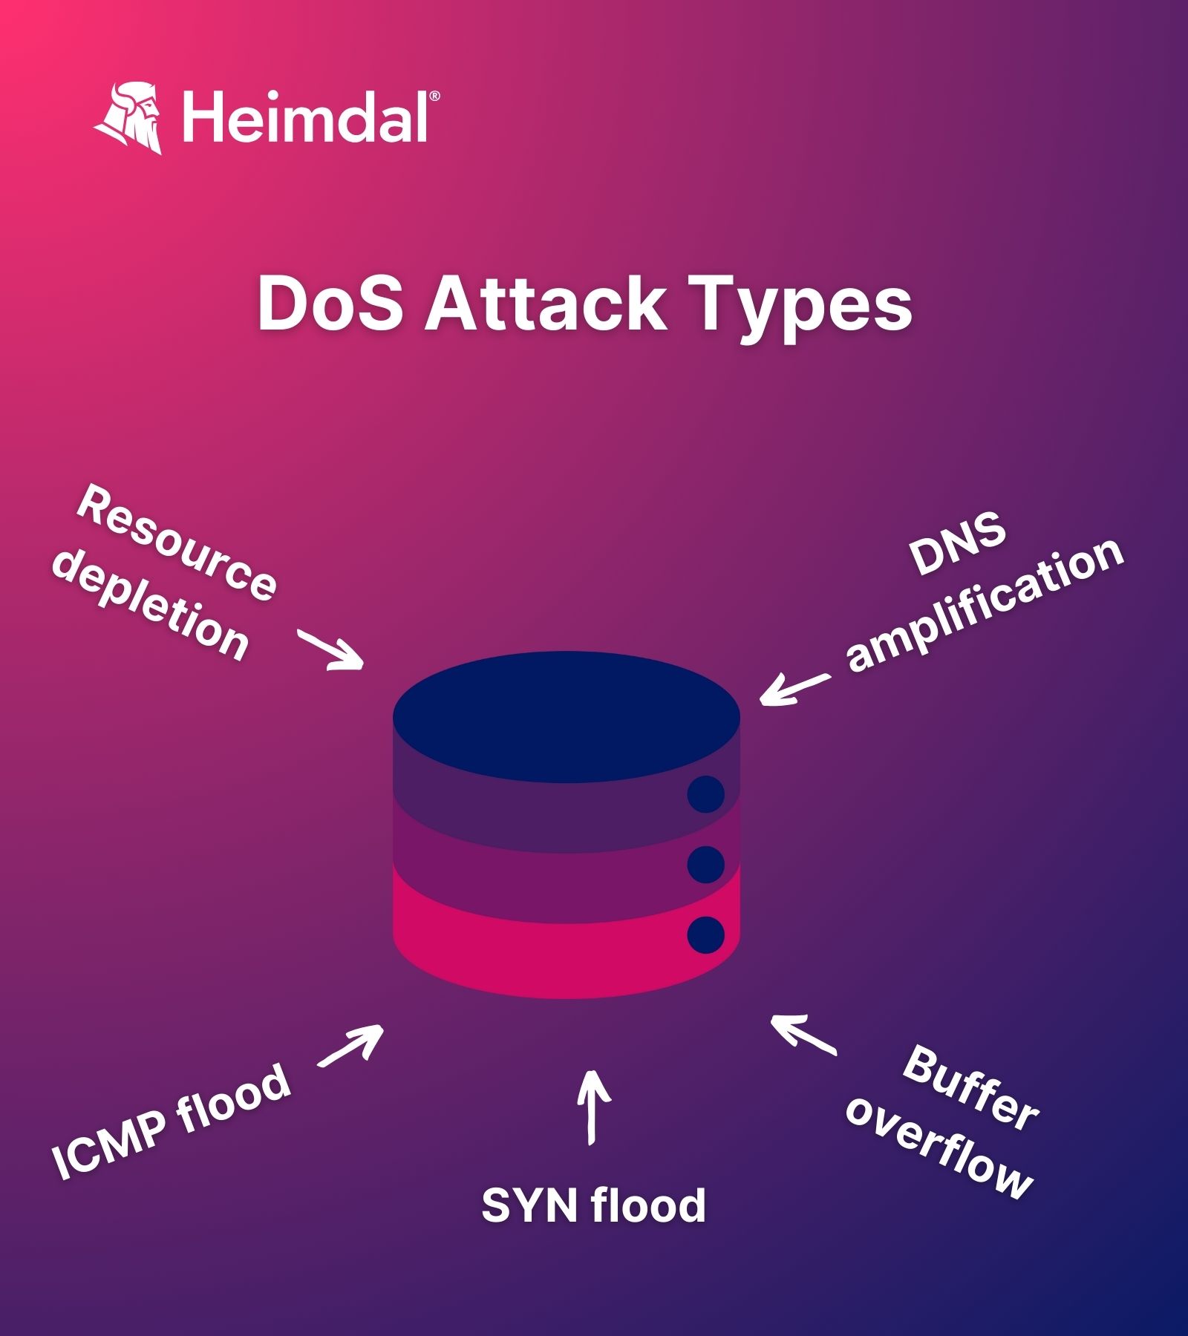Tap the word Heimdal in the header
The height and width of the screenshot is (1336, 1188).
pos(304,117)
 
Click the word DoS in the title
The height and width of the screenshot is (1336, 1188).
pos(330,304)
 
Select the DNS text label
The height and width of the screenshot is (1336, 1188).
pos(958,545)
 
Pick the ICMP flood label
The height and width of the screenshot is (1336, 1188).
pos(171,1121)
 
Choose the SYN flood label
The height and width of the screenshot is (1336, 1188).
pos(593,1205)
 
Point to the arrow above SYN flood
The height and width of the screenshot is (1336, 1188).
pos(593,1106)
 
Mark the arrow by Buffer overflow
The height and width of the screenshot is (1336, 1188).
pos(803,1035)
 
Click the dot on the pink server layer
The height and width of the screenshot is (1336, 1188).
pos(705,934)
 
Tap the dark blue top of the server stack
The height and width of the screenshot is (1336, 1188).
pos(566,716)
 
